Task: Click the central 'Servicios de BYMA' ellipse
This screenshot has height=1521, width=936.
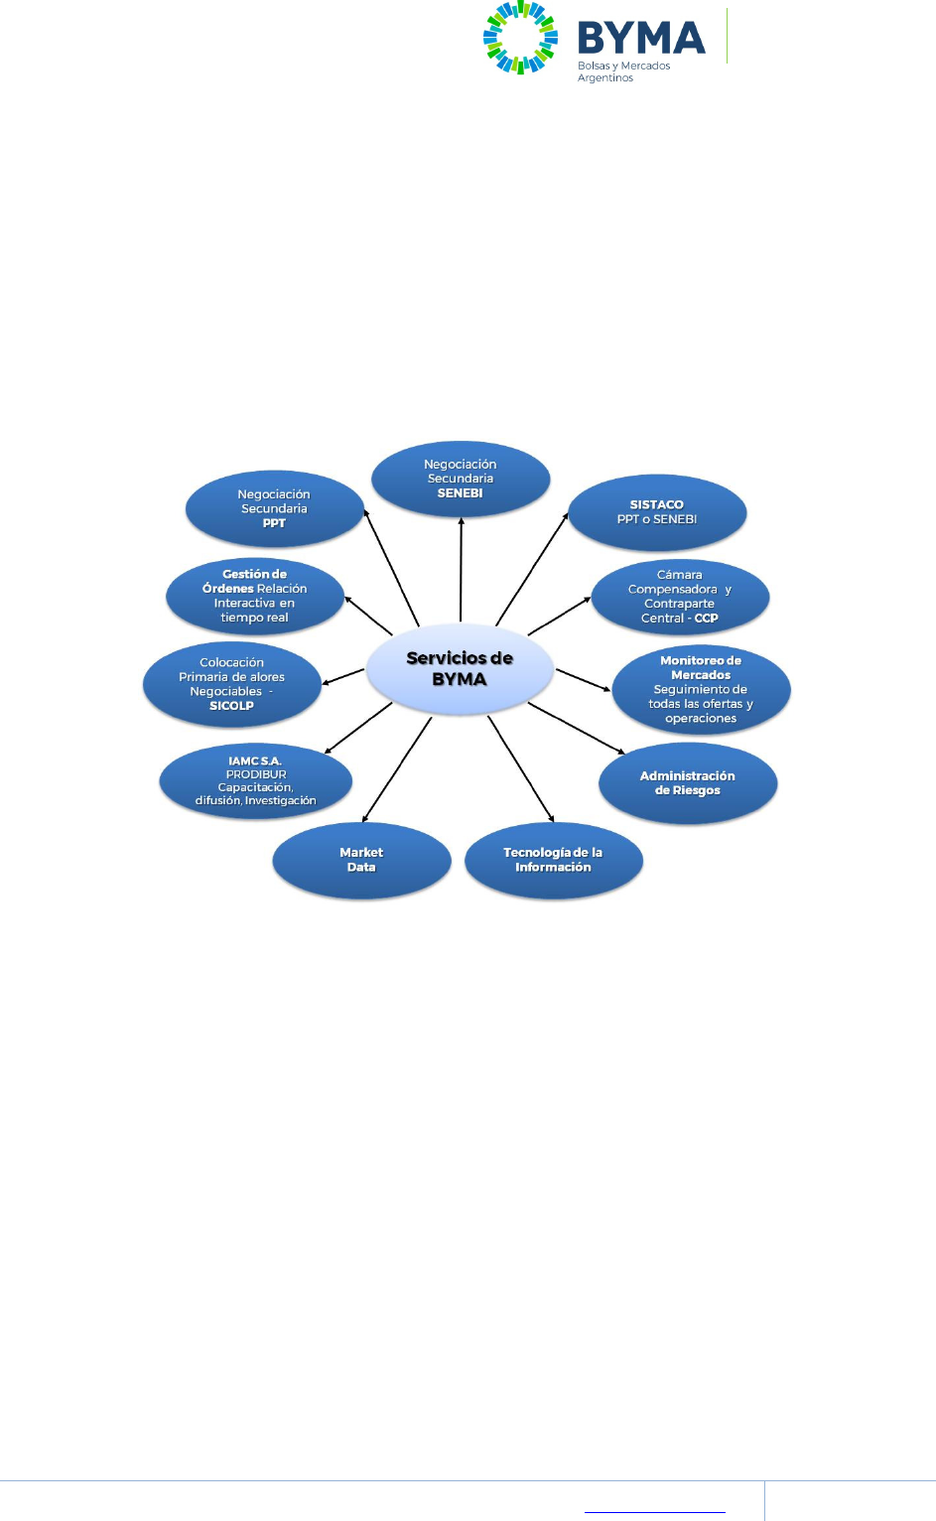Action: (460, 669)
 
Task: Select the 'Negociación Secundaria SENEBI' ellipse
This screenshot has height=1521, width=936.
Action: (461, 479)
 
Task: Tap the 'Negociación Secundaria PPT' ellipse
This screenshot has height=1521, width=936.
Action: (274, 508)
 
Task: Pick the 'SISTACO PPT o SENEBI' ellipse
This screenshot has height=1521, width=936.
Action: (657, 512)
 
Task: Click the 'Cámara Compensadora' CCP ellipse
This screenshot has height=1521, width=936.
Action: (680, 597)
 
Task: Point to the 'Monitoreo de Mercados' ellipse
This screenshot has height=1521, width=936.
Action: (701, 689)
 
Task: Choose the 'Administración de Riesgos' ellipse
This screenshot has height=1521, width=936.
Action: (688, 783)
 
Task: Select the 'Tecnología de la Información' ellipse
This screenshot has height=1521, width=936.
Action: (553, 860)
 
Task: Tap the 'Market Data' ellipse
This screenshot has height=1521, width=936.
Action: (361, 860)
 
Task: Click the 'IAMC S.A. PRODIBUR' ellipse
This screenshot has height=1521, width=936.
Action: (255, 780)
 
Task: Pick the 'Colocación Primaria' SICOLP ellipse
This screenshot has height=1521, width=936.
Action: (232, 684)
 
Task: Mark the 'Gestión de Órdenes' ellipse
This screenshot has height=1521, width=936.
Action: (254, 596)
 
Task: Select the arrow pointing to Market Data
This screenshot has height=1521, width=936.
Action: (397, 769)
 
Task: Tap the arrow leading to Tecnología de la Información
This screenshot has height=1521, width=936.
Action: (521, 769)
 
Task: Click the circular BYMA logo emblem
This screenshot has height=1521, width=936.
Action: (520, 38)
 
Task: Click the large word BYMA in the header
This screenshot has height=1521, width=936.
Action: (641, 39)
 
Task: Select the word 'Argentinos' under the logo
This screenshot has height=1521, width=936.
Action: (605, 78)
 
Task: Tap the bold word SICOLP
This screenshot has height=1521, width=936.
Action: (231, 706)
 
